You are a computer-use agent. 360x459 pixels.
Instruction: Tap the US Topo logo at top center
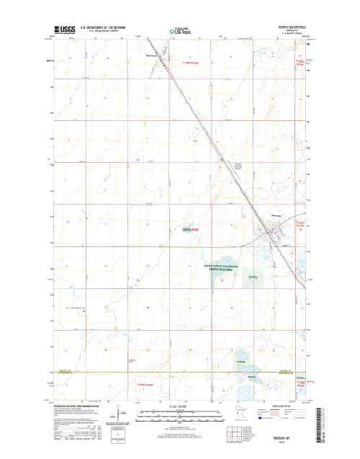pyautogui.click(x=180, y=32)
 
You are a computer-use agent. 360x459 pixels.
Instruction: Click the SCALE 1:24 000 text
pyautogui.click(x=180, y=407)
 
